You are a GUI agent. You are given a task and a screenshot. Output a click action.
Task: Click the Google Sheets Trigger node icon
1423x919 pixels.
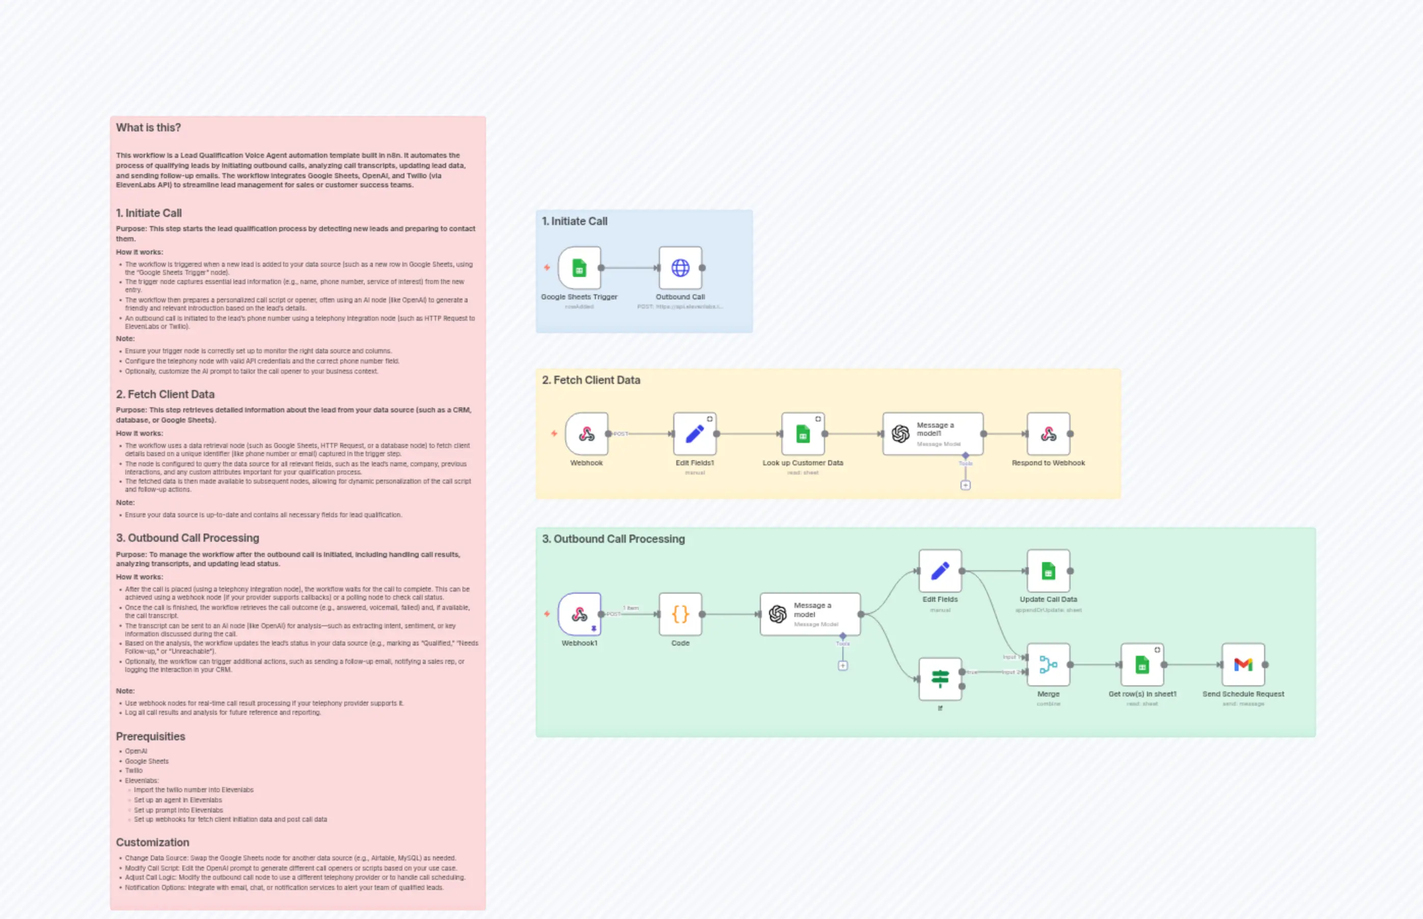pyautogui.click(x=579, y=268)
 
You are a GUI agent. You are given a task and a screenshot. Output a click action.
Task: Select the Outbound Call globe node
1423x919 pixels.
pyautogui.click(x=680, y=268)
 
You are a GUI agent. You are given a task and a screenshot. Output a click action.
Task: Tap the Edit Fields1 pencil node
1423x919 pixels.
pyautogui.click(x=694, y=434)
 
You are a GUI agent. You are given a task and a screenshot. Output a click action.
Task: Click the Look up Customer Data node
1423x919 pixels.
pyautogui.click(x=803, y=434)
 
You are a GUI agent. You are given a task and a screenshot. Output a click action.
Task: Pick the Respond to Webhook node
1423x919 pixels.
pyautogui.click(x=1048, y=434)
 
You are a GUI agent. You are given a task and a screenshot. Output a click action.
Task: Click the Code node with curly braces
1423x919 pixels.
pyautogui.click(x=680, y=614)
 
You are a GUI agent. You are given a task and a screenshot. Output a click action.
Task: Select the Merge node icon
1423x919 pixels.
pyautogui.click(x=1048, y=664)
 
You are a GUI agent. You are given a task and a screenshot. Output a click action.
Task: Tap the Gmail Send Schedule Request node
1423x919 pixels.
pyautogui.click(x=1243, y=664)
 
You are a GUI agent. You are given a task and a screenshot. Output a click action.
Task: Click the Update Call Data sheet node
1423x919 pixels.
pyautogui.click(x=1048, y=571)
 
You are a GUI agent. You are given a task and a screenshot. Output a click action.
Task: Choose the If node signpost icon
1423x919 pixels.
pyautogui.click(x=940, y=679)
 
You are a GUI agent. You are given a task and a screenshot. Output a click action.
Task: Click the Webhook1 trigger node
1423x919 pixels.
pyautogui.click(x=579, y=614)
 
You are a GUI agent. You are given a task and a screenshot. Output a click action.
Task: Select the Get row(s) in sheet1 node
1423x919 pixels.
pyautogui.click(x=1142, y=664)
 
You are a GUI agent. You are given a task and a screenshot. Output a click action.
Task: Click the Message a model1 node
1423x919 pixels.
pyautogui.click(x=933, y=434)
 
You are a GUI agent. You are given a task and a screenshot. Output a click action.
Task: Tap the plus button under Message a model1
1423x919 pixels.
pyautogui.click(x=965, y=485)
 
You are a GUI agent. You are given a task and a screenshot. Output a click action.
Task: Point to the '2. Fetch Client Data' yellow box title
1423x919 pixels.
pyautogui.click(x=591, y=380)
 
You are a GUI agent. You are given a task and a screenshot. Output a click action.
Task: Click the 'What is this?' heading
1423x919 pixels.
pyautogui.click(x=148, y=128)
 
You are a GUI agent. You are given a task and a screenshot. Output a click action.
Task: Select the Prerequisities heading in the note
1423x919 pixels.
pyautogui.click(x=150, y=736)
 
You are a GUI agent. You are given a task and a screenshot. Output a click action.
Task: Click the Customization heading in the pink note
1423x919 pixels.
pyautogui.click(x=152, y=842)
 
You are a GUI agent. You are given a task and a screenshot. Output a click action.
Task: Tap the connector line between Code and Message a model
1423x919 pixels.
pyautogui.click(x=731, y=614)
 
